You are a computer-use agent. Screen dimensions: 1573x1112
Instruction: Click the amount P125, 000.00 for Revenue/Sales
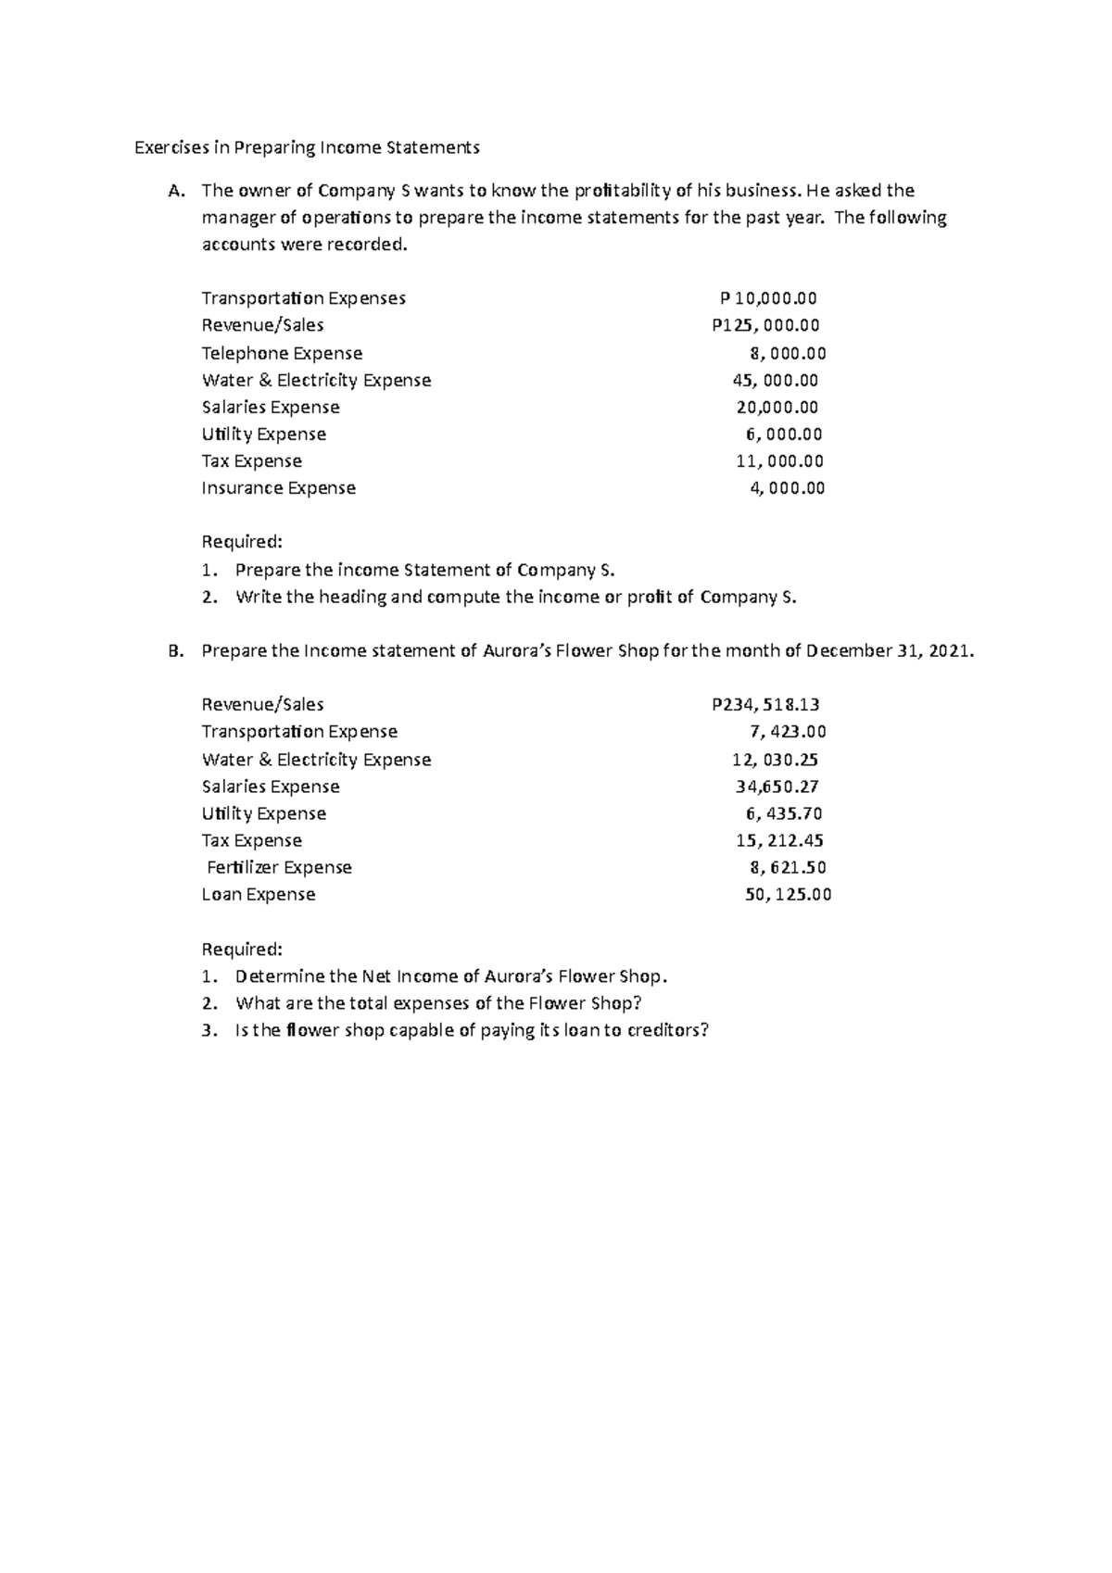coord(765,325)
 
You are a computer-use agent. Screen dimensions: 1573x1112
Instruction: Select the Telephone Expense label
coord(282,353)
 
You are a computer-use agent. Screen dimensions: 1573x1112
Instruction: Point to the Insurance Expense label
coord(278,488)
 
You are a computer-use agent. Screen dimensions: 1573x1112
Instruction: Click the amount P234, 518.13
coord(765,705)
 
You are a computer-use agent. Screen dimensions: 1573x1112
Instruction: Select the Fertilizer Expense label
coord(279,868)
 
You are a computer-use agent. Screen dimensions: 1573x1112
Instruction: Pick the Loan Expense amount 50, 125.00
coord(788,895)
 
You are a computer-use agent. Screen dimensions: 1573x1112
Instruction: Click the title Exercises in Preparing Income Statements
coord(308,147)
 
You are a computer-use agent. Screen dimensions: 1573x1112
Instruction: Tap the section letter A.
coord(176,192)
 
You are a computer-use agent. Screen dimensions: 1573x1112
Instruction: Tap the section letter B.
coord(176,651)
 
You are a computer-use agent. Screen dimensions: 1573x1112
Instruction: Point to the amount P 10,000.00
coord(769,298)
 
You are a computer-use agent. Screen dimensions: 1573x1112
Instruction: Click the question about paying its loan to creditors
coord(472,1030)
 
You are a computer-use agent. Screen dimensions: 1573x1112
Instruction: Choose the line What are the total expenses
coord(438,1003)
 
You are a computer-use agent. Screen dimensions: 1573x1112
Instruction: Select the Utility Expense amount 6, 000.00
coord(784,434)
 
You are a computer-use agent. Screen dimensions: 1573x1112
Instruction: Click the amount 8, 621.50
coord(788,868)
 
